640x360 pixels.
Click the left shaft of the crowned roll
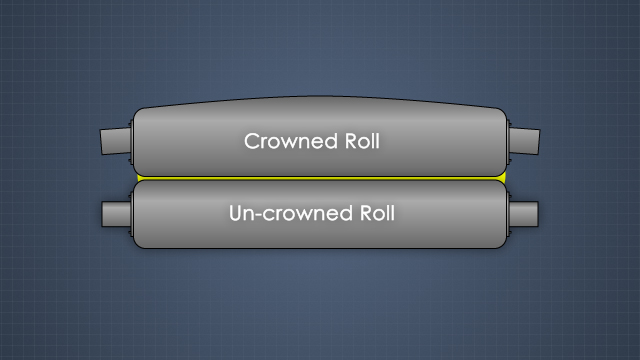116,141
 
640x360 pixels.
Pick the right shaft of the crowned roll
523,140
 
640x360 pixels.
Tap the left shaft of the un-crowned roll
116,213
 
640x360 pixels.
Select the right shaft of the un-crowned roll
523,213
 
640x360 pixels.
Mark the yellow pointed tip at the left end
136,178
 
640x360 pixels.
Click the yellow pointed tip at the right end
505,178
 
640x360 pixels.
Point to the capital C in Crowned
252,141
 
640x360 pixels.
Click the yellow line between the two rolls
320,178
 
